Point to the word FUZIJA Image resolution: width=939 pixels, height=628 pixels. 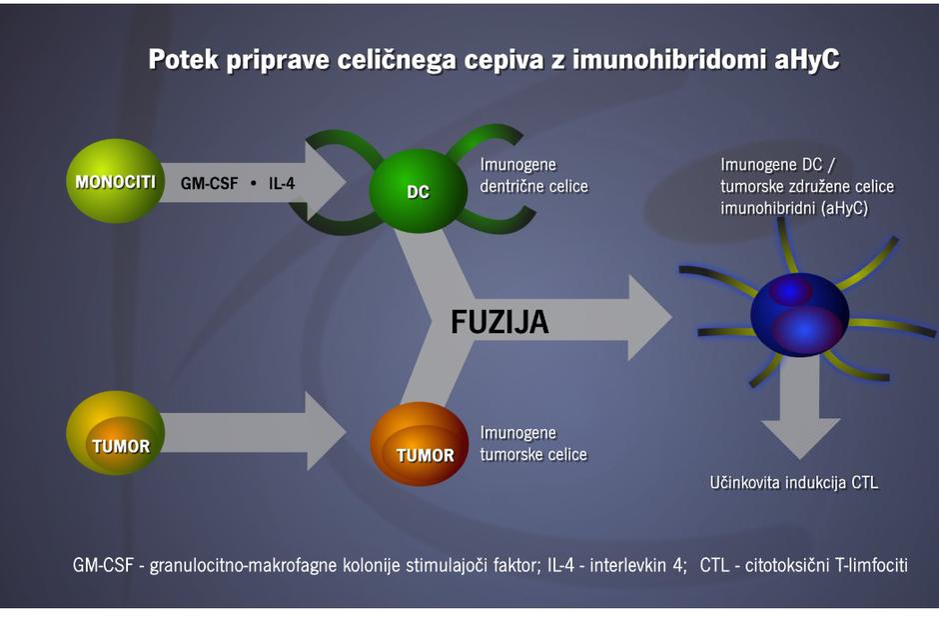coord(499,323)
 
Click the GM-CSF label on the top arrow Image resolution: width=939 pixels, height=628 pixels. coord(211,184)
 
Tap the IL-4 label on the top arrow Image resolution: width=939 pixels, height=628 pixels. coord(286,184)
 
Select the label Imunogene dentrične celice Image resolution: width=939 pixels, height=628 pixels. coord(533,175)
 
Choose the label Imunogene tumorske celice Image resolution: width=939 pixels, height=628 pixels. coord(533,444)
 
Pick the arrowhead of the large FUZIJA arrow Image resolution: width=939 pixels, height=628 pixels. coord(649,318)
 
